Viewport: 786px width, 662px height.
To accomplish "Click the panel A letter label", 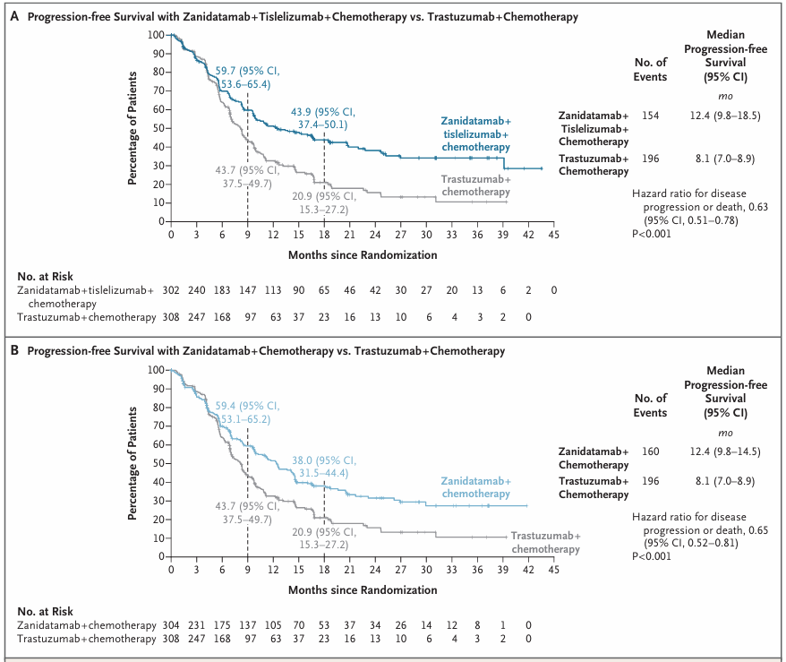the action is click(14, 16).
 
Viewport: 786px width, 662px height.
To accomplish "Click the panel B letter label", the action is click(14, 350).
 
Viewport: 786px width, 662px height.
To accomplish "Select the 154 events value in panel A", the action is click(650, 116).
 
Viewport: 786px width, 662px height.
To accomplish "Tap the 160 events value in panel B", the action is click(650, 451).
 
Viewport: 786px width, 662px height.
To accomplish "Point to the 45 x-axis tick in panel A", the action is click(553, 234).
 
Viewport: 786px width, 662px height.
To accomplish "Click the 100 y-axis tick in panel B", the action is click(156, 370).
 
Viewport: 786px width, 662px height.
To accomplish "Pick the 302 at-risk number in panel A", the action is click(171, 290).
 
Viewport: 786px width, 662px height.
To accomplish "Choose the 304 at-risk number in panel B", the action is click(171, 625).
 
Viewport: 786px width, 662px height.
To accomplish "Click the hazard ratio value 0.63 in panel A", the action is click(758, 207).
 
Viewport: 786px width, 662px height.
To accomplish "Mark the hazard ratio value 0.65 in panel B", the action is click(758, 530).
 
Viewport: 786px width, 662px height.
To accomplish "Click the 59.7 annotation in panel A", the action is click(225, 71).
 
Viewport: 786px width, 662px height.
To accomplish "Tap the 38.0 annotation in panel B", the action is click(302, 460).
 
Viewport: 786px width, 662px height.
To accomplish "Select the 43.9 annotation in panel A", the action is click(301, 112).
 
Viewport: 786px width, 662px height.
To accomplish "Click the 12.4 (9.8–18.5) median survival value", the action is click(725, 116).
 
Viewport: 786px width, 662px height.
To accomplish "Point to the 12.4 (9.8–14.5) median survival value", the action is click(725, 451).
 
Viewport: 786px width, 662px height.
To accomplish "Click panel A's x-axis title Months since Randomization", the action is click(363, 254).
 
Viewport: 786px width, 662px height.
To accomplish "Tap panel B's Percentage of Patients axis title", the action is click(132, 463).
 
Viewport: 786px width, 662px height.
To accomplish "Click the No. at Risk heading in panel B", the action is click(45, 611).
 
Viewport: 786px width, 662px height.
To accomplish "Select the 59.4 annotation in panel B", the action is click(225, 406).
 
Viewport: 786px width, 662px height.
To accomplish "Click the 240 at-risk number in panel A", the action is click(197, 290).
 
